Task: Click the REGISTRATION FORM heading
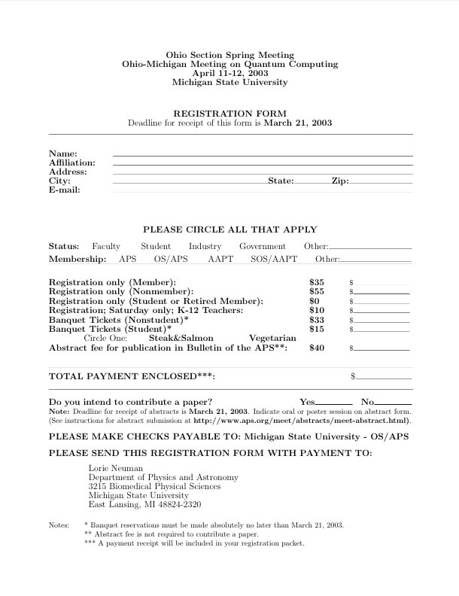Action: tap(229, 114)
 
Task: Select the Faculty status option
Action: tap(106, 246)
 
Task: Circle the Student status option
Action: tap(156, 246)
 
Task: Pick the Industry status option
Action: tap(205, 246)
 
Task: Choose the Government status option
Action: tap(263, 246)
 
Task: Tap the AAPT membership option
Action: tap(220, 259)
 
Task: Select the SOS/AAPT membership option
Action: tap(274, 259)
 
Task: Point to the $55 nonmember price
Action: tap(317, 291)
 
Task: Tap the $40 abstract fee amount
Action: tap(317, 348)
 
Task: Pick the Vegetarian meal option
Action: tap(272, 339)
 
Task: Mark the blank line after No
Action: tap(393, 404)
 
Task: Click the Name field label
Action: tap(63, 154)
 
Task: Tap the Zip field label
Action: tap(339, 181)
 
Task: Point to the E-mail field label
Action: tap(64, 190)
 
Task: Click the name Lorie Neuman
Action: tap(116, 468)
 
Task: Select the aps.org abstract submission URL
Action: tap(301, 420)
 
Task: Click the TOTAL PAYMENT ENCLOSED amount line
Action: tap(384, 378)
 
